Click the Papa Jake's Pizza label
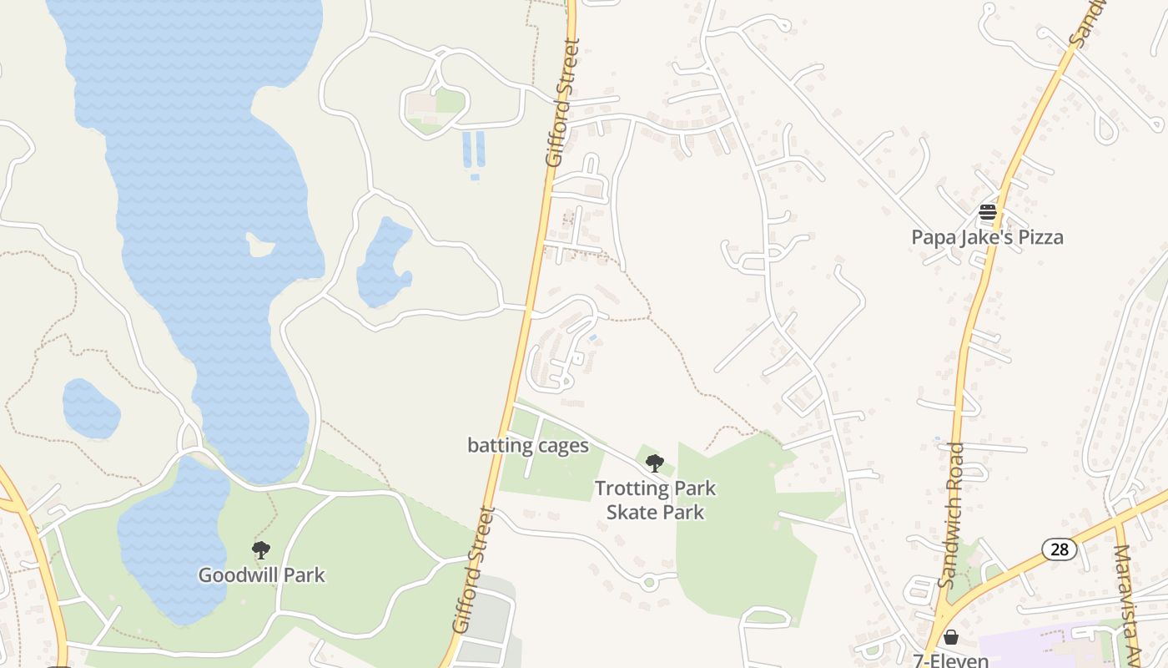point(987,237)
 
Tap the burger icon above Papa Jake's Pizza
point(988,212)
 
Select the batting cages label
point(528,446)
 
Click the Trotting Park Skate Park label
point(655,500)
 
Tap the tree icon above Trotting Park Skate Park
point(655,462)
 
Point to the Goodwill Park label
point(261,575)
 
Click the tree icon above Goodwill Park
point(261,549)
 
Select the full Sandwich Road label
point(951,515)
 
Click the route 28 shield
point(1060,549)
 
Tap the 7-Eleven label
point(950,660)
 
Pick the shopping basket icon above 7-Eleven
point(950,638)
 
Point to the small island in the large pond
point(260,245)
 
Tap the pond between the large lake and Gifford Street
point(382,263)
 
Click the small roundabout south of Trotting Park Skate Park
point(650,582)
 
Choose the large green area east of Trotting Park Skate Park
point(743,534)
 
